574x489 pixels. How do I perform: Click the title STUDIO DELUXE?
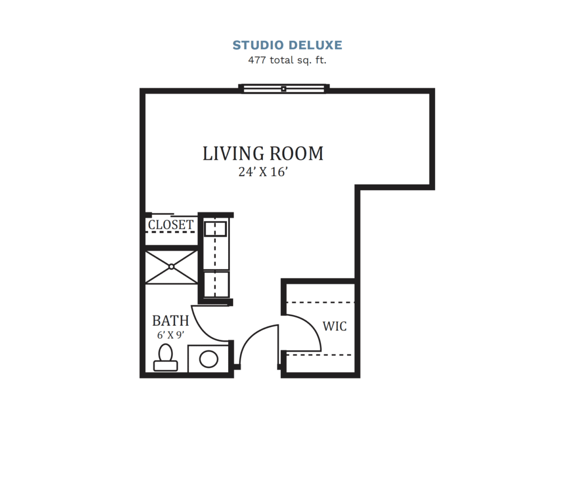pyautogui.click(x=287, y=45)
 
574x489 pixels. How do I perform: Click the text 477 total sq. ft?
pyautogui.click(x=287, y=60)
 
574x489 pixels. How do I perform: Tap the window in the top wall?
pyautogui.click(x=284, y=89)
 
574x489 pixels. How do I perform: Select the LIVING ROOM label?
pyautogui.click(x=263, y=153)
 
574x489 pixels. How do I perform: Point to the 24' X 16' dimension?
pyautogui.click(x=263, y=173)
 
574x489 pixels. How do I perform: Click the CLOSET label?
pyautogui.click(x=171, y=225)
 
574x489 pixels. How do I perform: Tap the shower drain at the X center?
pyautogui.click(x=172, y=267)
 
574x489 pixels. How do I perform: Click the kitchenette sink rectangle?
pyautogui.click(x=215, y=229)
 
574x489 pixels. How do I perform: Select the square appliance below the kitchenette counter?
pyautogui.click(x=216, y=284)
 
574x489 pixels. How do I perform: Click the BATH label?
pyautogui.click(x=170, y=321)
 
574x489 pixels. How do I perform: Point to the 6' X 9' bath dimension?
pyautogui.click(x=171, y=335)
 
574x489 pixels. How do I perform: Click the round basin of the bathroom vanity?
pyautogui.click(x=209, y=359)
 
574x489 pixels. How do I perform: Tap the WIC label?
pyautogui.click(x=335, y=326)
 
